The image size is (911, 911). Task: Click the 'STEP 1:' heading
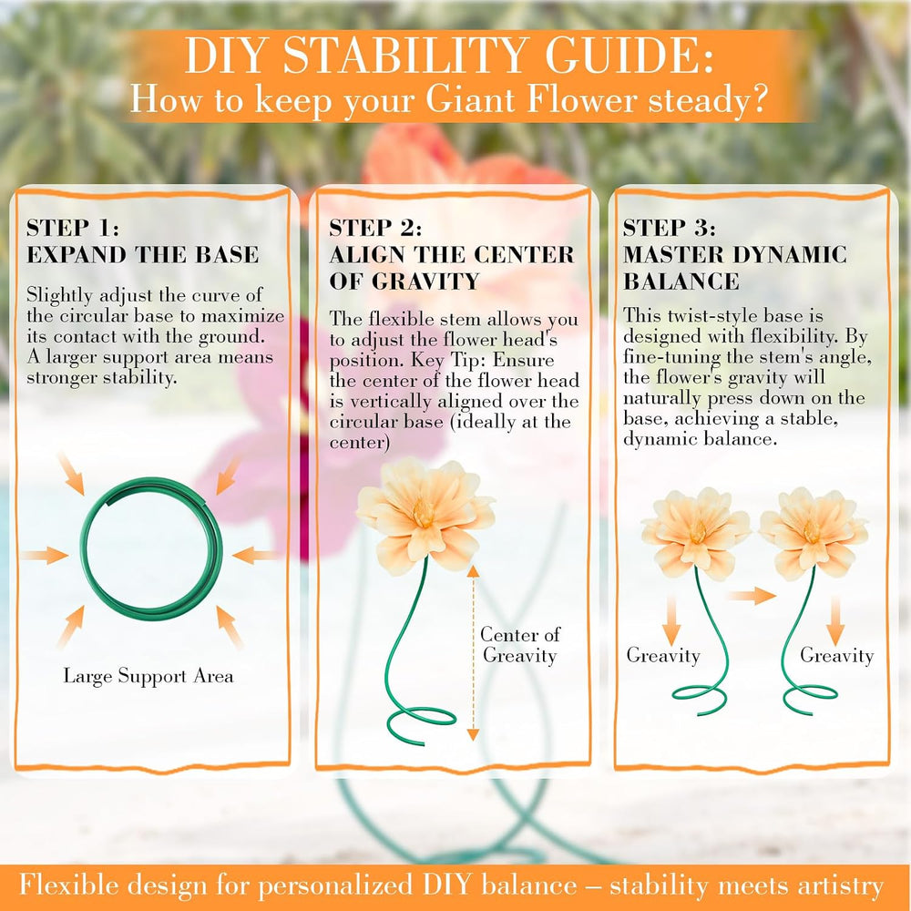pyautogui.click(x=73, y=228)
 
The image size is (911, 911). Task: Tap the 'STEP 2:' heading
pyautogui.click(x=375, y=228)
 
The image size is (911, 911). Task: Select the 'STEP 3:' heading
pyautogui.click(x=670, y=228)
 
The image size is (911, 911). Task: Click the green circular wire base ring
pyautogui.click(x=83, y=549)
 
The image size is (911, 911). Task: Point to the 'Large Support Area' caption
pyautogui.click(x=148, y=676)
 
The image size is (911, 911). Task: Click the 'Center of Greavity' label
pyautogui.click(x=520, y=644)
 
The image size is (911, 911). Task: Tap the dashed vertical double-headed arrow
pyautogui.click(x=473, y=652)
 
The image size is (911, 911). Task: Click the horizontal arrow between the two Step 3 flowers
pyautogui.click(x=751, y=596)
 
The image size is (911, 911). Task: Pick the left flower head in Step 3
pyautogui.click(x=695, y=532)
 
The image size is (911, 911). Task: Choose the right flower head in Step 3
pyautogui.click(x=814, y=532)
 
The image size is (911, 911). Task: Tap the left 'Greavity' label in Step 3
pyautogui.click(x=663, y=655)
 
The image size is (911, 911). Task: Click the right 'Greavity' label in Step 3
pyautogui.click(x=836, y=655)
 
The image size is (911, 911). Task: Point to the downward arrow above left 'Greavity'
pyautogui.click(x=671, y=619)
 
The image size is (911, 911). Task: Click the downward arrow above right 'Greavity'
pyautogui.click(x=835, y=619)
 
